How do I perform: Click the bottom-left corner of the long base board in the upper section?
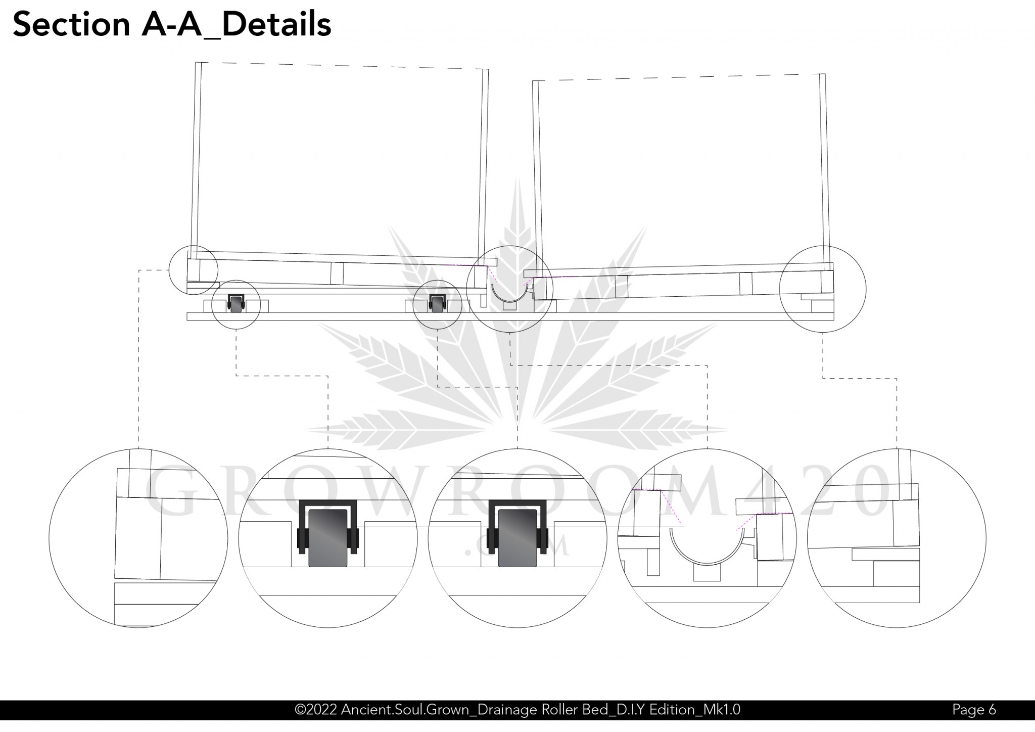point(187,320)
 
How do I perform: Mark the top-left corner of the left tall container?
point(196,62)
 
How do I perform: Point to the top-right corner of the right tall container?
point(825,74)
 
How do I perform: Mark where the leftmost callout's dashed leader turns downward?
point(139,270)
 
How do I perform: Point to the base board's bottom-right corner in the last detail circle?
point(919,603)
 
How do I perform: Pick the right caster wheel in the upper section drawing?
point(437,304)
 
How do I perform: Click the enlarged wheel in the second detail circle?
point(328,538)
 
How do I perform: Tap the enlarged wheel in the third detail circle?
point(517,538)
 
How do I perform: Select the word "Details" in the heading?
point(276,24)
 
